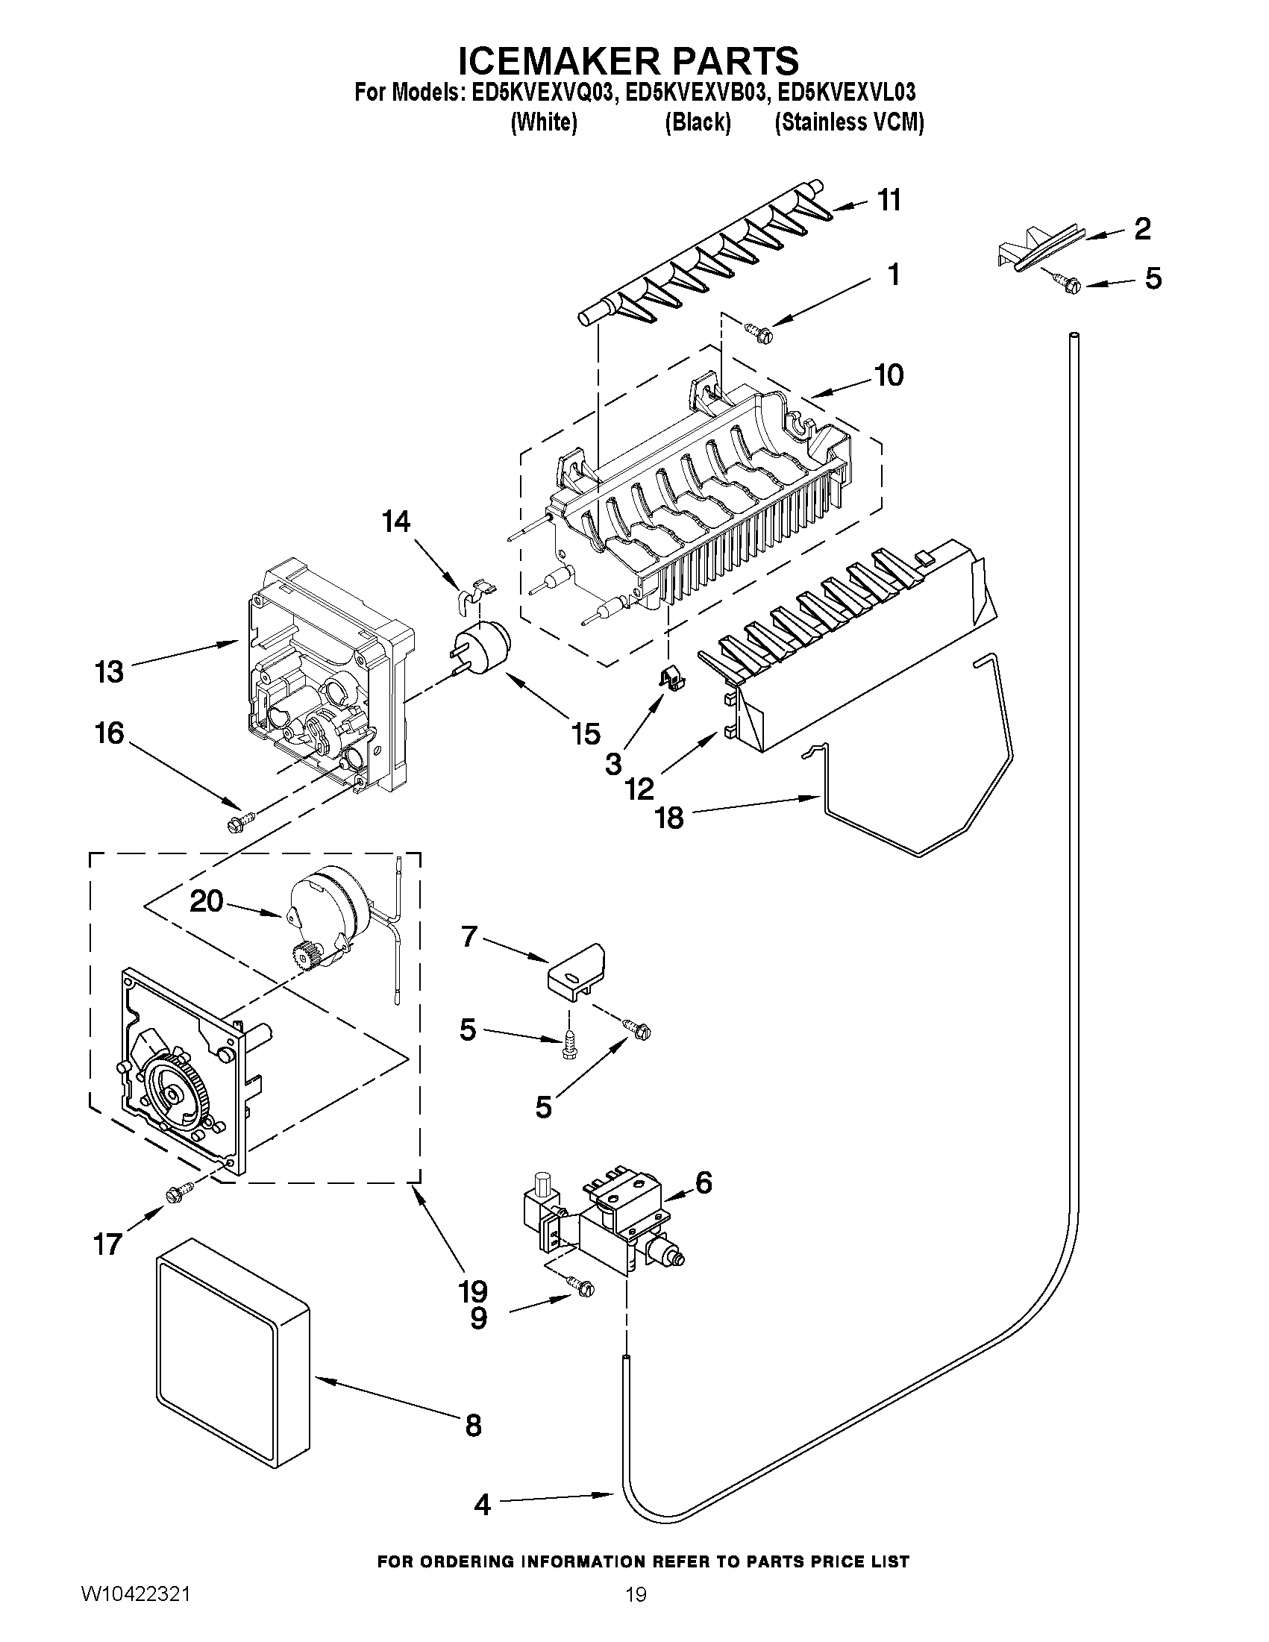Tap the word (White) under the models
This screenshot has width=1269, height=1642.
click(544, 122)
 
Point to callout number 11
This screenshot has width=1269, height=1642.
click(889, 201)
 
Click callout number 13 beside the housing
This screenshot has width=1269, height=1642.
click(109, 671)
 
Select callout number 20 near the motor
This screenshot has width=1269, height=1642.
click(207, 900)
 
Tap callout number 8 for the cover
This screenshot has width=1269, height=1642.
click(473, 1424)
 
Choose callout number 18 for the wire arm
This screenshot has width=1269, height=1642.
click(669, 818)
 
